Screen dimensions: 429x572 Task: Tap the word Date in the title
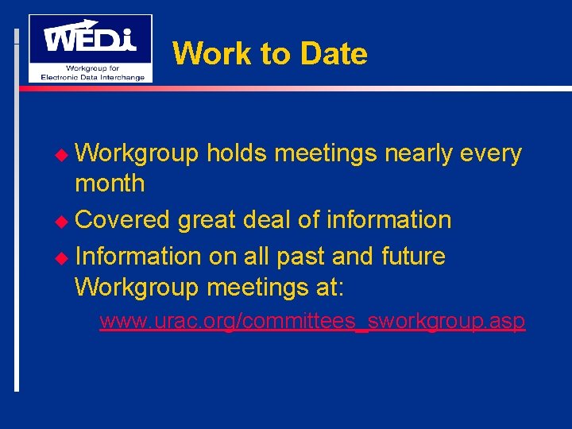pyautogui.click(x=334, y=54)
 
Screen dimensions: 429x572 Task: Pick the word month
pyautogui.click(x=110, y=184)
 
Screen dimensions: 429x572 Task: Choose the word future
pyautogui.click(x=413, y=256)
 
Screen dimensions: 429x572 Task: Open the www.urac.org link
pyautogui.click(x=312, y=322)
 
